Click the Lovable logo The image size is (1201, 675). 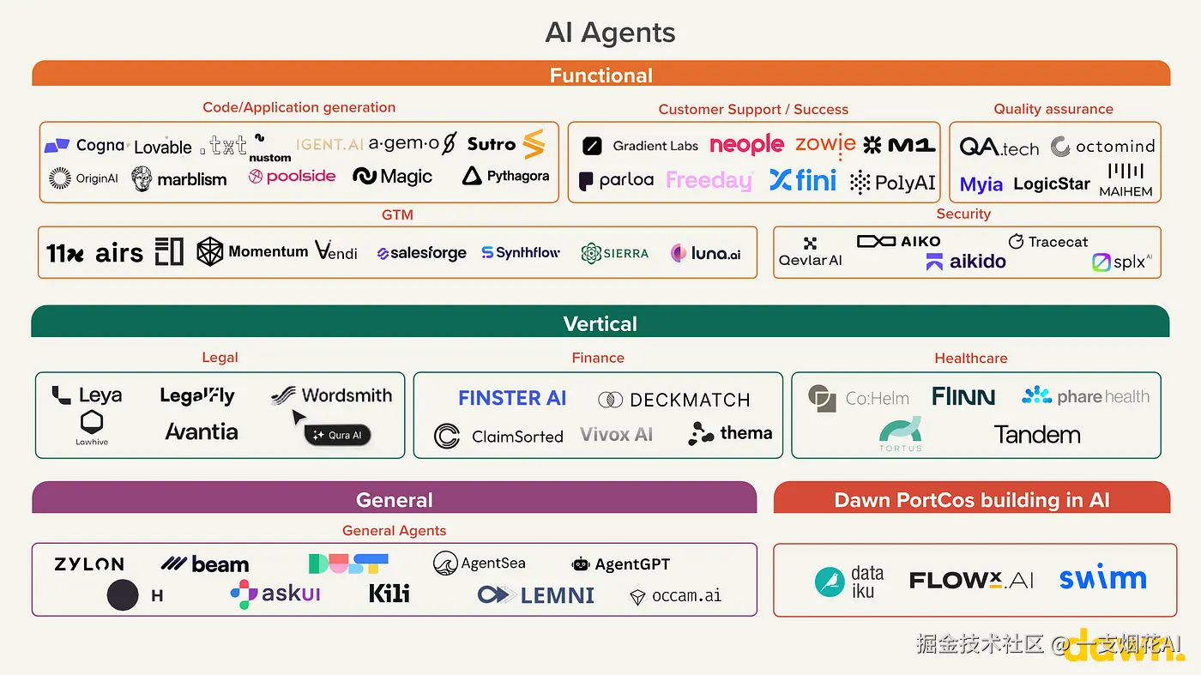click(163, 147)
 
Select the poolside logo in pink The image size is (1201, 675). click(292, 176)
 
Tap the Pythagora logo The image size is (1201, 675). click(506, 176)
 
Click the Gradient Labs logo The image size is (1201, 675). click(641, 146)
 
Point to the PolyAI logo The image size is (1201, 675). click(893, 182)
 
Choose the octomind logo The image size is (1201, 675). click(1103, 147)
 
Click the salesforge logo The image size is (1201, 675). click(422, 253)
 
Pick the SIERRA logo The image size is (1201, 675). click(615, 253)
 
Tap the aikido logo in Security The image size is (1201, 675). click(966, 262)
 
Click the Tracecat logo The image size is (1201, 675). click(1048, 242)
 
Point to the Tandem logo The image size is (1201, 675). click(1037, 435)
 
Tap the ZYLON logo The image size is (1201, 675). click(89, 564)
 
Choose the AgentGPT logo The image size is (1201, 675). click(621, 564)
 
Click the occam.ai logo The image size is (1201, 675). click(676, 595)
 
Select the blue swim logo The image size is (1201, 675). click(1102, 579)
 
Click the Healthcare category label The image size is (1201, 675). click(971, 358)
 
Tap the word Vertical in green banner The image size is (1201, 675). click(600, 324)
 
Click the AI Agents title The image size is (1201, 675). click(610, 33)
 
